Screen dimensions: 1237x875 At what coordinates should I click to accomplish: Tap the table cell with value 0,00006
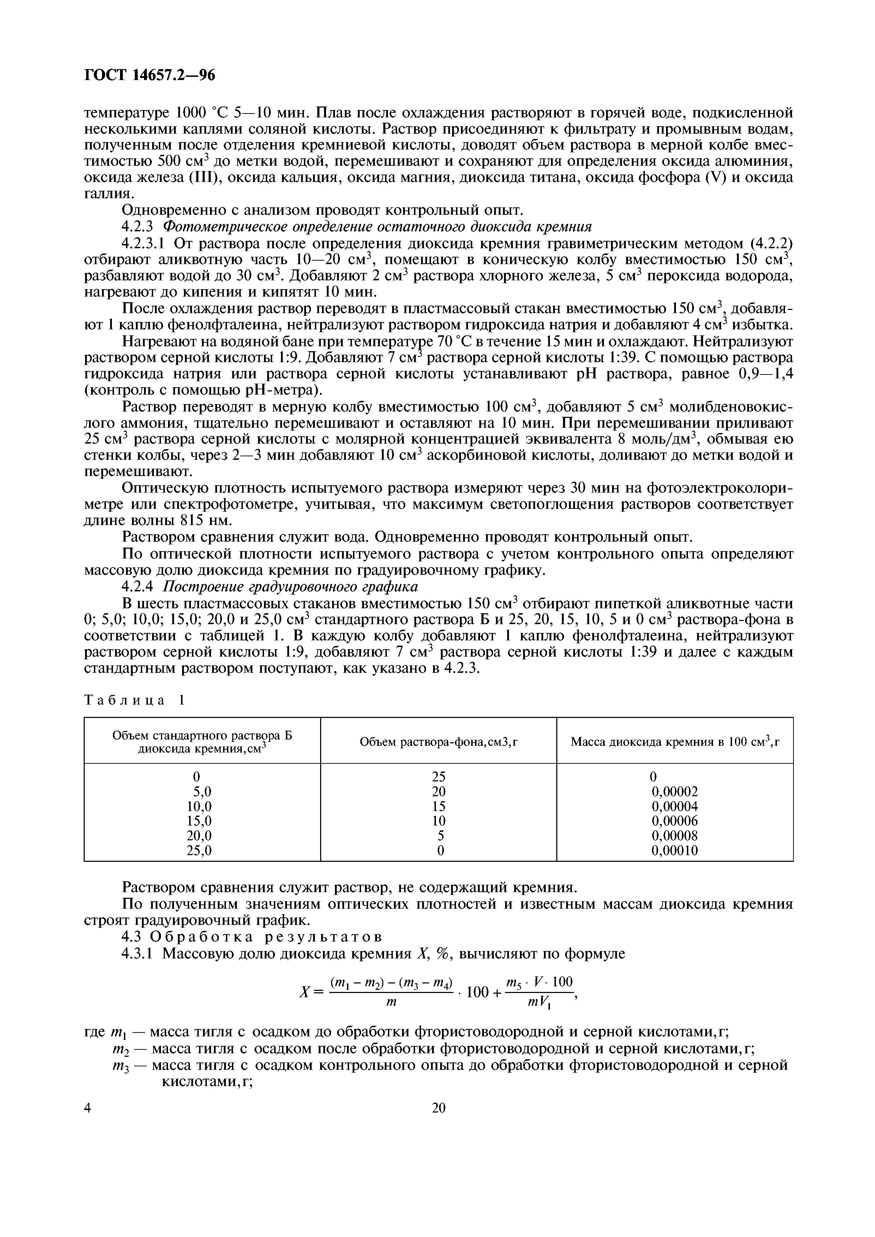click(x=675, y=821)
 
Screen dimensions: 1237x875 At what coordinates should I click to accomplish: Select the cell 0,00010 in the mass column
click(x=675, y=851)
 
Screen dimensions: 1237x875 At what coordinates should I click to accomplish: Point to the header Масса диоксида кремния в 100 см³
click(x=675, y=742)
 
